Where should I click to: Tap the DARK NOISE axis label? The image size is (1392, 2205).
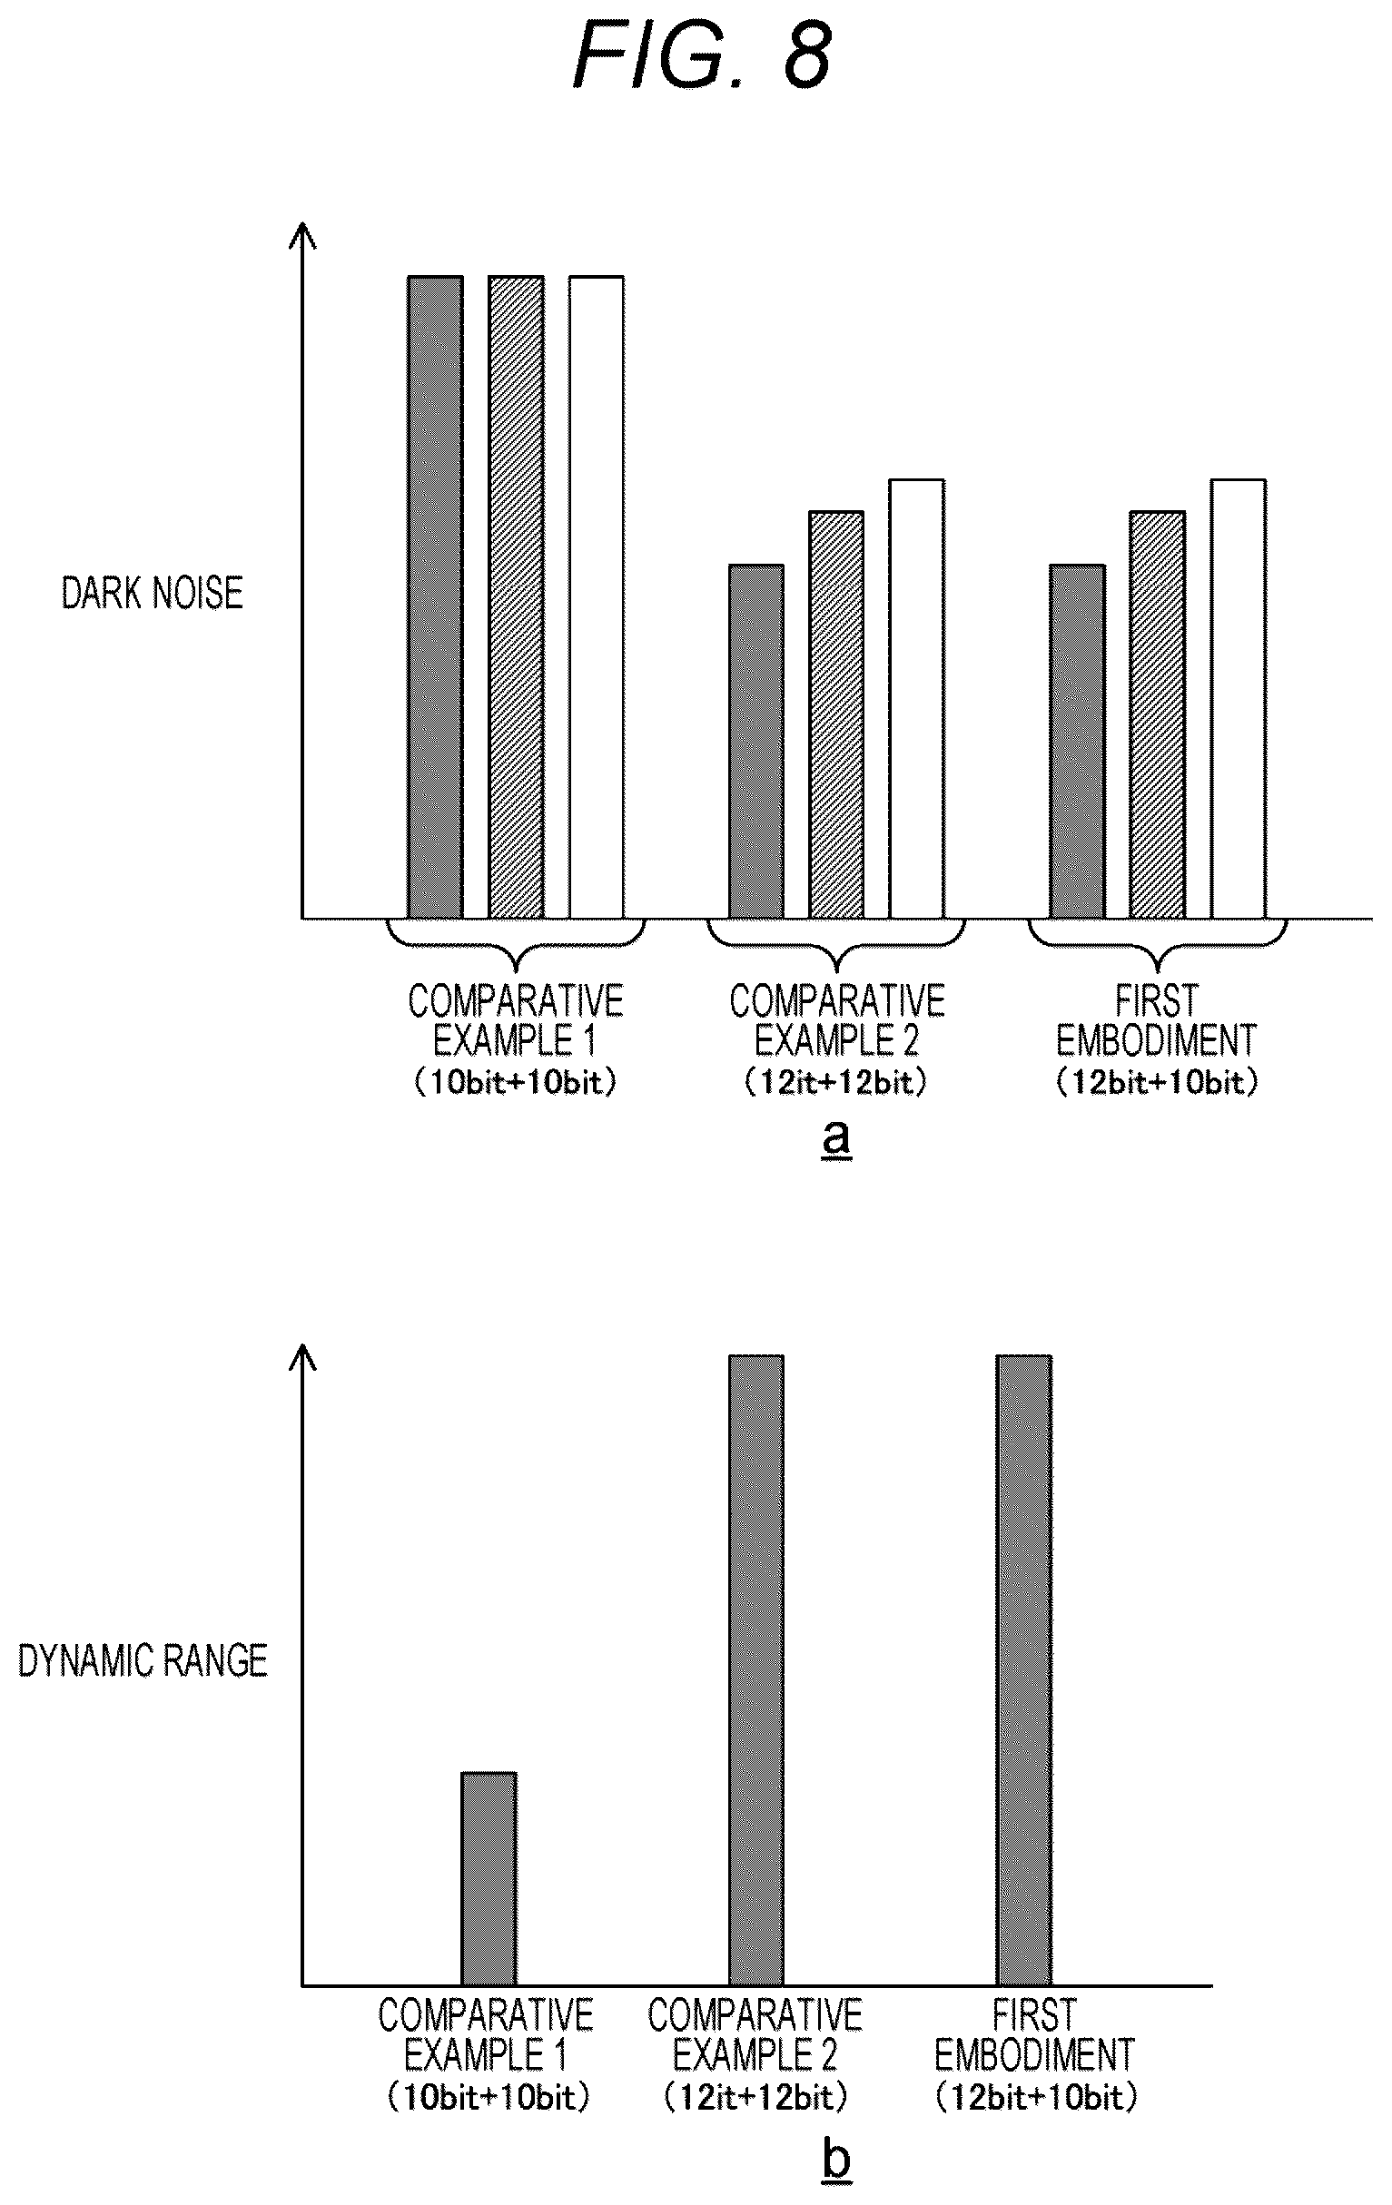(x=152, y=594)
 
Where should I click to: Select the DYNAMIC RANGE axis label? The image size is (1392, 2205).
(x=143, y=1660)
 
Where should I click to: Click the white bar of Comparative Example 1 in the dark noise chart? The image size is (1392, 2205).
(x=597, y=597)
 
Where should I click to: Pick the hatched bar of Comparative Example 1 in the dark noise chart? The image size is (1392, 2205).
(x=517, y=597)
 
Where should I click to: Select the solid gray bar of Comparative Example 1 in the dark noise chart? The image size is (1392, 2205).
(x=435, y=597)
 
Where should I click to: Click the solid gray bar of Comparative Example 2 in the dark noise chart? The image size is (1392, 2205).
(x=756, y=742)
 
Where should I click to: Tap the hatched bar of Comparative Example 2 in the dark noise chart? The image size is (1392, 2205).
(x=836, y=715)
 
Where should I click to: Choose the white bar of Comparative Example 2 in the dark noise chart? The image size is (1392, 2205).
(x=917, y=699)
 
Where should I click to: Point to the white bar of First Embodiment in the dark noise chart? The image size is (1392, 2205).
(x=1239, y=699)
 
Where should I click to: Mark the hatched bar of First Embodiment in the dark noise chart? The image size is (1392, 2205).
(x=1158, y=715)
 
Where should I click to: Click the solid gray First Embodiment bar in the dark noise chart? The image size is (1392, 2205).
(x=1078, y=742)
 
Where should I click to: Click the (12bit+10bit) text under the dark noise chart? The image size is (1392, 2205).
(x=1158, y=1083)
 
